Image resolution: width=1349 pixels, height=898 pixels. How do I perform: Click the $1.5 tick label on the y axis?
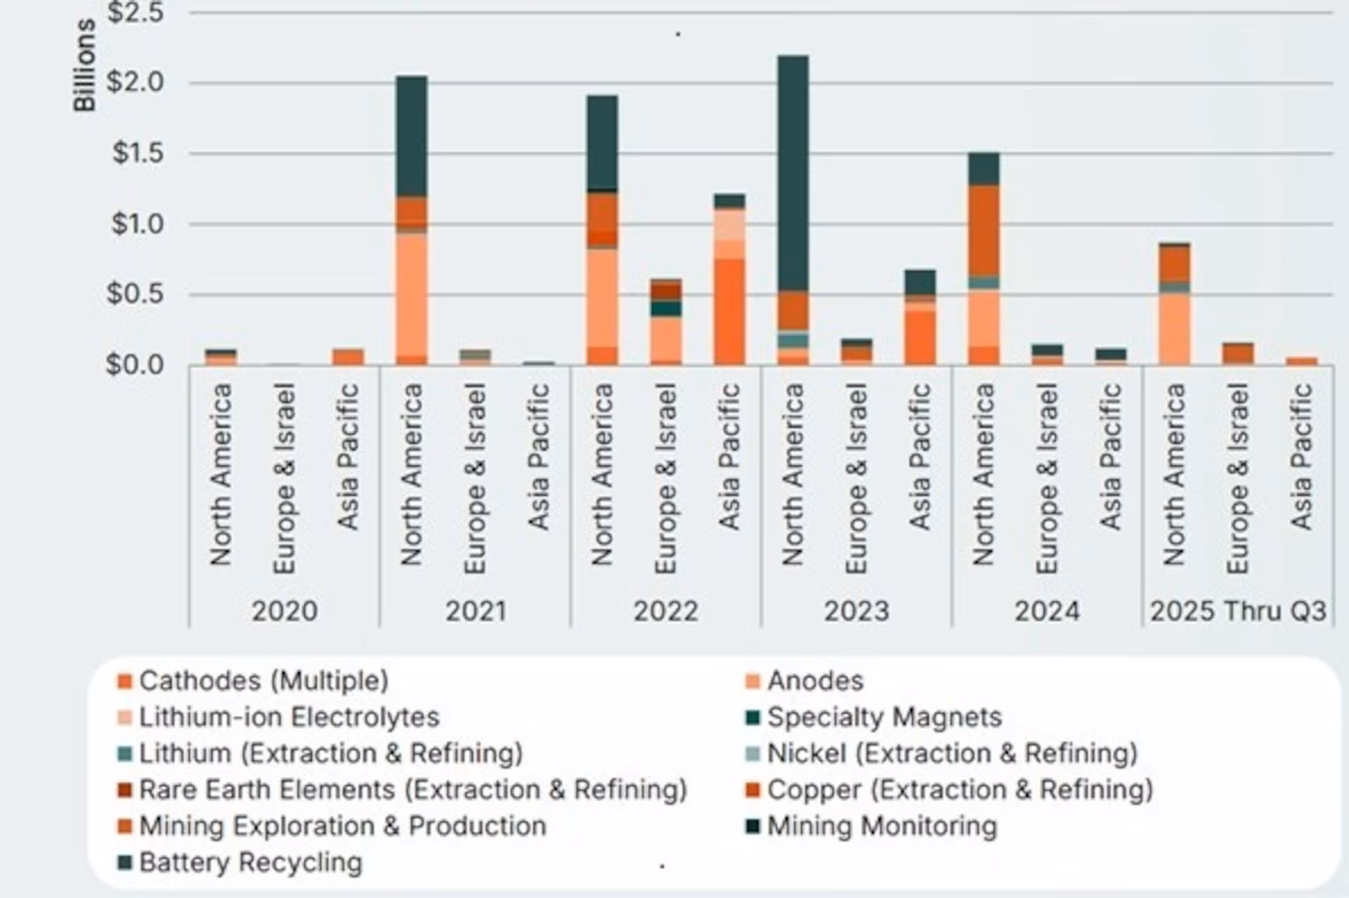pyautogui.click(x=138, y=153)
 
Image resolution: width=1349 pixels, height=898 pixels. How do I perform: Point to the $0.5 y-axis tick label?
pyautogui.click(x=135, y=294)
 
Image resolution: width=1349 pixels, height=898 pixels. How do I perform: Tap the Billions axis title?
pyautogui.click(x=84, y=65)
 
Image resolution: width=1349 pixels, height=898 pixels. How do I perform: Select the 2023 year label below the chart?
pyautogui.click(x=856, y=611)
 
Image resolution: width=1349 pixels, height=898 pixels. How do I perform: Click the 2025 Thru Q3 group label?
pyautogui.click(x=1238, y=611)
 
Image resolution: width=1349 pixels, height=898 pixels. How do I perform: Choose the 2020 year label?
pyautogui.click(x=285, y=611)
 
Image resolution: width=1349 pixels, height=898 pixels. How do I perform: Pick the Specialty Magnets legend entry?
pyautogui.click(x=874, y=717)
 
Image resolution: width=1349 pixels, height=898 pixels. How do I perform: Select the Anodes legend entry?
pyautogui.click(x=805, y=681)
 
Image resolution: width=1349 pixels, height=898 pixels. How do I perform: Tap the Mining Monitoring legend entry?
pyautogui.click(x=872, y=826)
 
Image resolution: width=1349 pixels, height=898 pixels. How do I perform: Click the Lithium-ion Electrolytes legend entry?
pyautogui.click(x=279, y=717)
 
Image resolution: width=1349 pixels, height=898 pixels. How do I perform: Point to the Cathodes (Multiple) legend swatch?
pyautogui.click(x=125, y=682)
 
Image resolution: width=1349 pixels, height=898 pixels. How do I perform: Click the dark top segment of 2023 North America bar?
pyautogui.click(x=793, y=173)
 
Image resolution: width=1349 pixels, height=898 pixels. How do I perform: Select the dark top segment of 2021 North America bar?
pyautogui.click(x=412, y=136)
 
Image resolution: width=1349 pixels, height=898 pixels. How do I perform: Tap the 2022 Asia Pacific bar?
pyautogui.click(x=729, y=279)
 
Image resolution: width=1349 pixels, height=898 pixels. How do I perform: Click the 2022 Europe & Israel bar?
pyautogui.click(x=665, y=322)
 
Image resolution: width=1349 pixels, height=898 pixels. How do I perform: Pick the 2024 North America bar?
pyautogui.click(x=984, y=259)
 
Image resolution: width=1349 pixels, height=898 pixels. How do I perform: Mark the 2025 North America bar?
pyautogui.click(x=1175, y=304)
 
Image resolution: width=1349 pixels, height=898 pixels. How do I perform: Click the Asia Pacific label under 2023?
pyautogui.click(x=920, y=457)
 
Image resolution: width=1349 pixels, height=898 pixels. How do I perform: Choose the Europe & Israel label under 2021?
pyautogui.click(x=475, y=479)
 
